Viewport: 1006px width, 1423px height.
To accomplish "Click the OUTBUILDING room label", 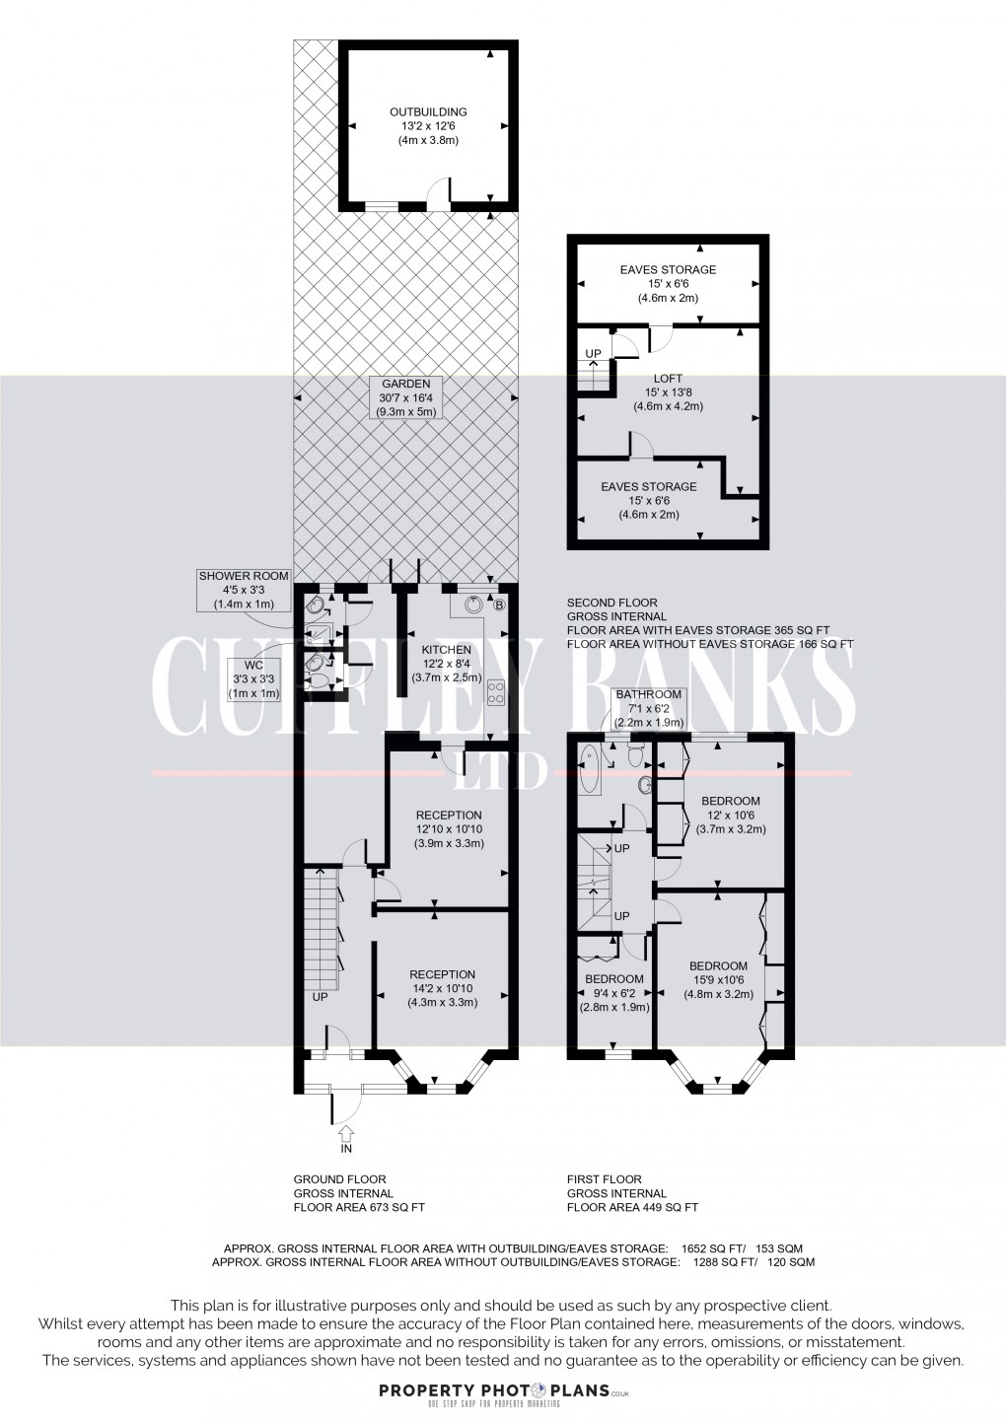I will point(428,126).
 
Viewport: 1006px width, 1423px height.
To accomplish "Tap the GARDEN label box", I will point(404,397).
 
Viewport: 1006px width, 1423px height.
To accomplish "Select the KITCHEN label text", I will point(446,665).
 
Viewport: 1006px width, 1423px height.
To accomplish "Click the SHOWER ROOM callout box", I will point(244,590).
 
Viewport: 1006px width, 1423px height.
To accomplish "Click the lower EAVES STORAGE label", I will point(649,500).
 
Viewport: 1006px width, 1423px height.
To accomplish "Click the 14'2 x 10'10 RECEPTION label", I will point(442,989).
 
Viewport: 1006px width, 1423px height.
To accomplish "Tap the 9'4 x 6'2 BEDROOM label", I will point(613,993).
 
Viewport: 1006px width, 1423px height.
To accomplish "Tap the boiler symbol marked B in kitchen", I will point(499,605).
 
